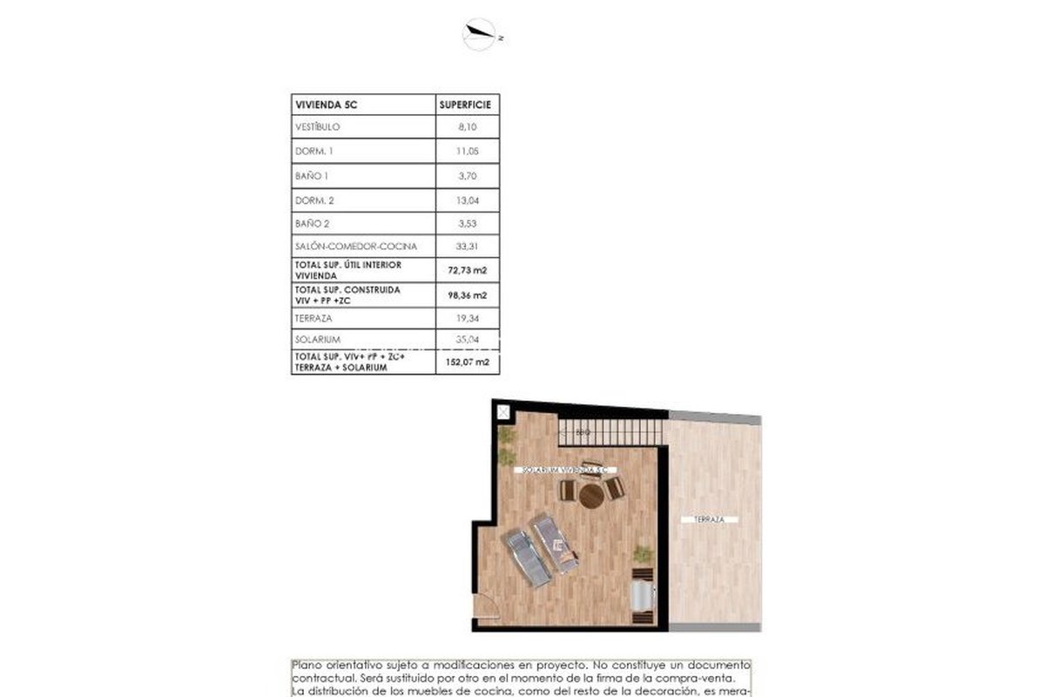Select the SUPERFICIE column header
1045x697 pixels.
468,105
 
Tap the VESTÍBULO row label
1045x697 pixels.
317,127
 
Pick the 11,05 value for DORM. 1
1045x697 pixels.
468,152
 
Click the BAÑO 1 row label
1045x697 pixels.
313,176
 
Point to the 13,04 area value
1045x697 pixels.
468,200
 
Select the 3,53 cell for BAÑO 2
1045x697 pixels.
468,224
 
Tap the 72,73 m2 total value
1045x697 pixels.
468,270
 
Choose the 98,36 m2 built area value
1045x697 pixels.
468,294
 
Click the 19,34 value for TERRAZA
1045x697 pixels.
468,318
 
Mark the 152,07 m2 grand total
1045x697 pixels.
468,362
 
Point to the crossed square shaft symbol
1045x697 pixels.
502,412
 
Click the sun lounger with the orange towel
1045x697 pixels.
556,543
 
